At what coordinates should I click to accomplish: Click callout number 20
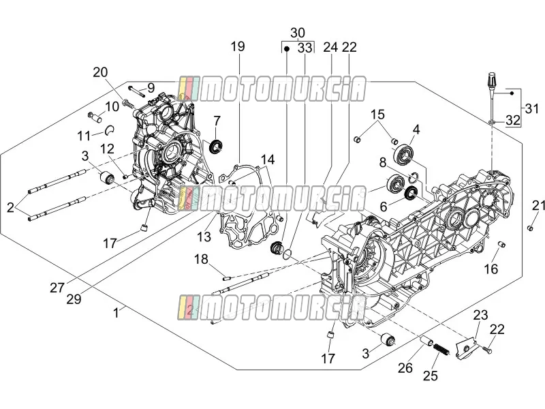pyautogui.click(x=100, y=72)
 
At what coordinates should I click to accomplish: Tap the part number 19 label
pyautogui.click(x=238, y=46)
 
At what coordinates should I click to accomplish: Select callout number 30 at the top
pyautogui.click(x=298, y=33)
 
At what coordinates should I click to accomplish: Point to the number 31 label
pyautogui.click(x=532, y=108)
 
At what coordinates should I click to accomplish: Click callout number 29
pyautogui.click(x=74, y=299)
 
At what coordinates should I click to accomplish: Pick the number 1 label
pyautogui.click(x=116, y=313)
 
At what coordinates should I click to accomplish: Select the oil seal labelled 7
pyautogui.click(x=216, y=146)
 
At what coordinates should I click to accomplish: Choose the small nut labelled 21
pyautogui.click(x=531, y=228)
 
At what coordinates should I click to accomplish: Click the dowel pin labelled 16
pyautogui.click(x=501, y=245)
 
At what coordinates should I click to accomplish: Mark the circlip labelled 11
pyautogui.click(x=111, y=130)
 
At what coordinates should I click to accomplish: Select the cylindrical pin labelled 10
pyautogui.click(x=95, y=117)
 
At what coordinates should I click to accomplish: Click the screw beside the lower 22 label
pyautogui.click(x=487, y=350)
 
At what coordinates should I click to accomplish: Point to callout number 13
pyautogui.click(x=204, y=237)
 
